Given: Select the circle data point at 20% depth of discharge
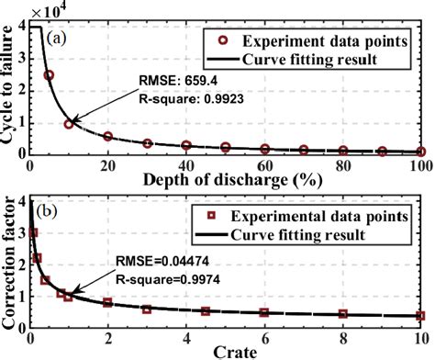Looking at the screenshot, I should tap(107, 136).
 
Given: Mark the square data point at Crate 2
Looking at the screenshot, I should tap(107, 302).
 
